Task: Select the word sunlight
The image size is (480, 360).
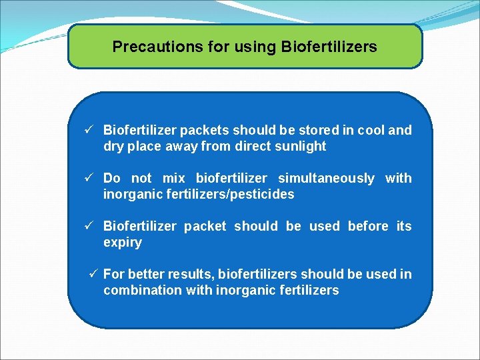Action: [x=299, y=147]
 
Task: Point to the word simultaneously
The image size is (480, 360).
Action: [x=326, y=179]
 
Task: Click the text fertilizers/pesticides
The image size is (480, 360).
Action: [x=232, y=195]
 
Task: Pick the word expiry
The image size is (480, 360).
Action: [x=123, y=243]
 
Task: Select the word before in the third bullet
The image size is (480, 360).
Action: [x=368, y=227]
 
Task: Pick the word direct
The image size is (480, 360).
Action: [x=252, y=147]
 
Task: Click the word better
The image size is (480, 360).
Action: [x=146, y=275]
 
